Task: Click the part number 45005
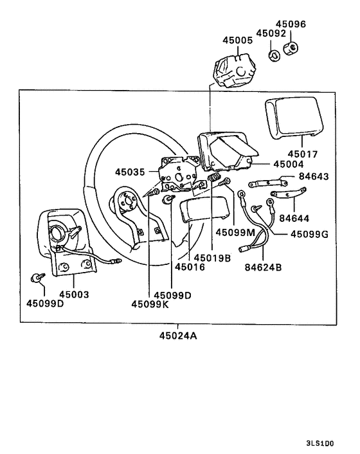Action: [x=239, y=40]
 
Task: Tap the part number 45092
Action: [x=271, y=33]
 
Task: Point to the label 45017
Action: [x=303, y=154]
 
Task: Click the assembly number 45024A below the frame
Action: [x=179, y=335]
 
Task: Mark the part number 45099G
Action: [x=309, y=234]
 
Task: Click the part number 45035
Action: [x=131, y=172]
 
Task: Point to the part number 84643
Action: [x=312, y=176]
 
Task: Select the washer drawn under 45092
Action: [x=273, y=55]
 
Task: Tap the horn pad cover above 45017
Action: [x=291, y=119]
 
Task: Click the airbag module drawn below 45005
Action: [x=235, y=69]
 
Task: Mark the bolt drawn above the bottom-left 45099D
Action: [x=37, y=278]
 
